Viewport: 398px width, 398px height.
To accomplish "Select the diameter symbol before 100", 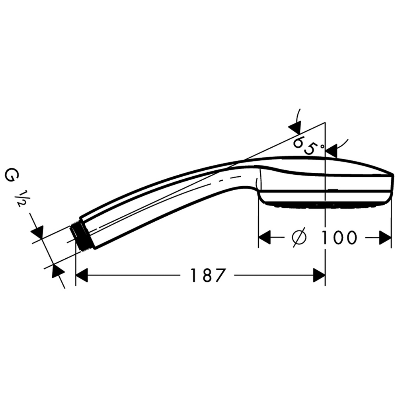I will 299,238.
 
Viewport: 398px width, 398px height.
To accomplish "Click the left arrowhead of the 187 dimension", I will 82,275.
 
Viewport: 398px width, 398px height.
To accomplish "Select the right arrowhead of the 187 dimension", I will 319,275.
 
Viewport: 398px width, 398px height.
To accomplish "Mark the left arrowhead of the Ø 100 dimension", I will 265,238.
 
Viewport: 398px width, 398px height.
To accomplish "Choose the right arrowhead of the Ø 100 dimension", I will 385,238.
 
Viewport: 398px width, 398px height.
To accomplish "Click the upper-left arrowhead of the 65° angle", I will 295,128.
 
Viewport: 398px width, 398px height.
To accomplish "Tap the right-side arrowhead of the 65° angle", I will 331,151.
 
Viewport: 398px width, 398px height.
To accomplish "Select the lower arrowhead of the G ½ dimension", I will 58,271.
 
